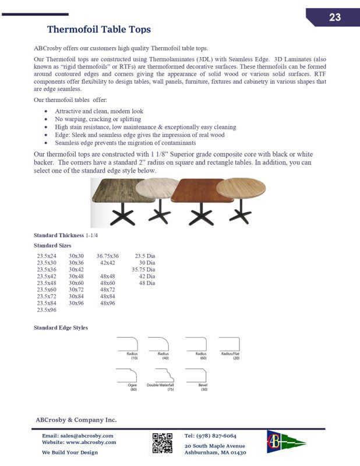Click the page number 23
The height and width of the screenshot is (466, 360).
(x=334, y=17)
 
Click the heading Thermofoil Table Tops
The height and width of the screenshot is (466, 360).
(x=98, y=29)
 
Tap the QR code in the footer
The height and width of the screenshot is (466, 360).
(x=163, y=443)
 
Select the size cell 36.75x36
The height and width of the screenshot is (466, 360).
(x=107, y=256)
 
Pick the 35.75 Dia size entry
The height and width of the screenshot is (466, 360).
(x=143, y=270)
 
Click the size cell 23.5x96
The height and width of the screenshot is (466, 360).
(x=47, y=310)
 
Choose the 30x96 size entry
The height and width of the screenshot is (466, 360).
(x=76, y=303)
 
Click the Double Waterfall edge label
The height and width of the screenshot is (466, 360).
(x=160, y=385)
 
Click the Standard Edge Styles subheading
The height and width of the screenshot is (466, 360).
(x=61, y=328)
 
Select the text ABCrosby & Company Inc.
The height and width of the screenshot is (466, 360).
(x=76, y=419)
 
